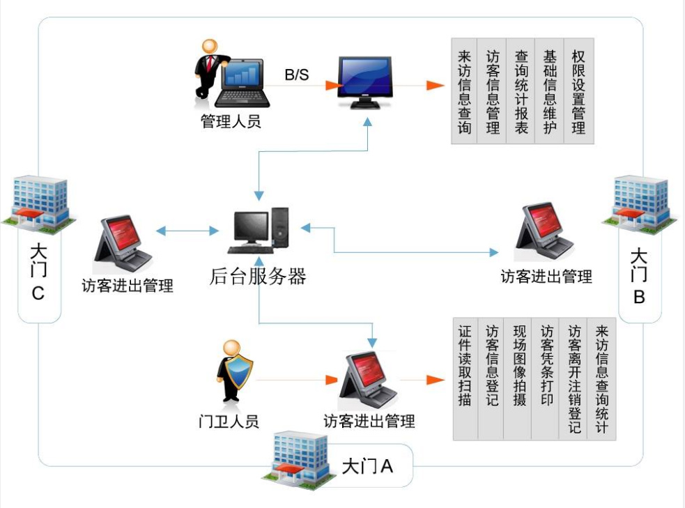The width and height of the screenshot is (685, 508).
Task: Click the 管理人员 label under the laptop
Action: [231, 122]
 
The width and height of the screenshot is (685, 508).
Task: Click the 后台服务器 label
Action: [258, 277]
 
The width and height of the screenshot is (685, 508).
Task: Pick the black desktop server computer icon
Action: [258, 230]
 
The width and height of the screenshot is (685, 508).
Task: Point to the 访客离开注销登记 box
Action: [574, 380]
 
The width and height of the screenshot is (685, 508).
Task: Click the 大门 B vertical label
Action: [638, 275]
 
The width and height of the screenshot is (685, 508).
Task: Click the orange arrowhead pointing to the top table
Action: [436, 86]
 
